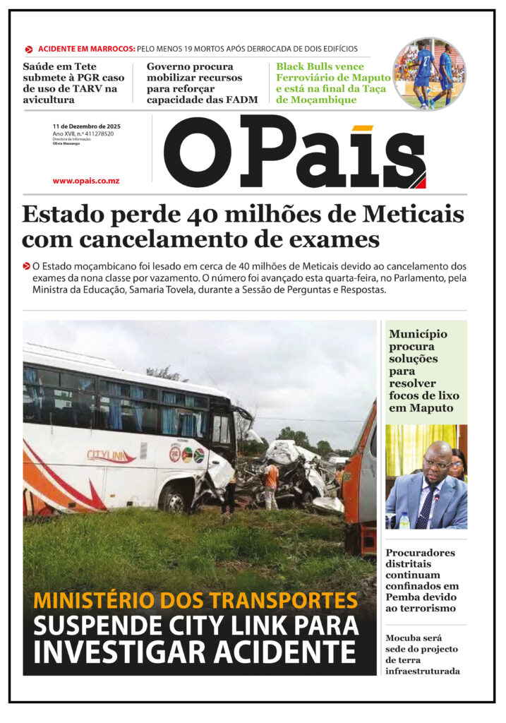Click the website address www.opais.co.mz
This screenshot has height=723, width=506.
click(x=85, y=181)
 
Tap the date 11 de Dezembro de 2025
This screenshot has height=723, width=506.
click(x=86, y=126)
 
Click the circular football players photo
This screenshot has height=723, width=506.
click(x=429, y=73)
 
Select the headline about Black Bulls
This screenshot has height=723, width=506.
click(x=332, y=83)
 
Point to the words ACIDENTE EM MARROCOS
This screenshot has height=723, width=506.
click(x=86, y=49)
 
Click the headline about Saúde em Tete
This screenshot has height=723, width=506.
click(x=73, y=83)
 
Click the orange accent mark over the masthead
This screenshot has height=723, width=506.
click(x=362, y=128)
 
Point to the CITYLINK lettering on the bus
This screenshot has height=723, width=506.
click(x=110, y=455)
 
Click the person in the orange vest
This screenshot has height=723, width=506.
click(x=271, y=484)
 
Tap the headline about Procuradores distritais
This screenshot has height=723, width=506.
click(x=422, y=580)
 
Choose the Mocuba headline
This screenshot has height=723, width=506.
click(x=422, y=655)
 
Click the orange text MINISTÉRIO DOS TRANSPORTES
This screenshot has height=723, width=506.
click(x=195, y=601)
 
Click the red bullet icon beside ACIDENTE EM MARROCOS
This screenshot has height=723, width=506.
click(x=29, y=49)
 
